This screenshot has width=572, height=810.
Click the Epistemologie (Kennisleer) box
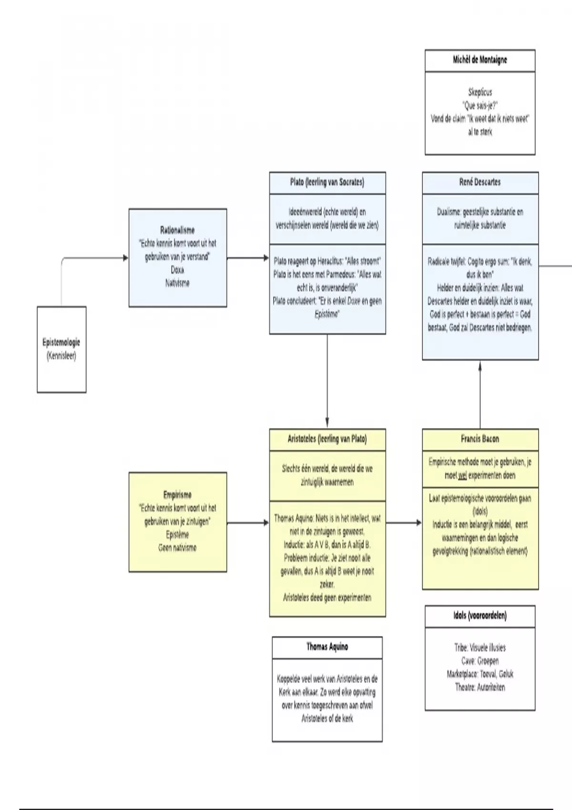click(x=61, y=349)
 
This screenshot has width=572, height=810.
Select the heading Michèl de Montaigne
click(x=480, y=60)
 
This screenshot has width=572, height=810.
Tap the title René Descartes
click(x=480, y=182)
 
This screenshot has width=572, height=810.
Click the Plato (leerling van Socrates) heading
click(x=327, y=182)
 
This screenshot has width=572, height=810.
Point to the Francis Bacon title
click(x=480, y=439)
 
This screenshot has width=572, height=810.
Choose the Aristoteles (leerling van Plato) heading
click(x=327, y=439)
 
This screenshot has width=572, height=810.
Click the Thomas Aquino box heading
click(x=327, y=647)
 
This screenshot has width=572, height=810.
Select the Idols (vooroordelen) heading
click(x=480, y=616)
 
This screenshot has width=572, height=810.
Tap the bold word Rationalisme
click(x=177, y=230)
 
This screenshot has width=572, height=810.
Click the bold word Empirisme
click(x=177, y=495)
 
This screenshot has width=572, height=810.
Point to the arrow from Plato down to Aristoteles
click(x=327, y=381)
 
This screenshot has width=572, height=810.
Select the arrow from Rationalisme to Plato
click(x=248, y=258)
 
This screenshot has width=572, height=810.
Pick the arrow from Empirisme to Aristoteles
click(x=248, y=523)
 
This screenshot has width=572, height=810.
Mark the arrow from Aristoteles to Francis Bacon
click(x=404, y=523)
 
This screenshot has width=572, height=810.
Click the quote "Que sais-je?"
click(x=480, y=105)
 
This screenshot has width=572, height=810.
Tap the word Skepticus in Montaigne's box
click(x=480, y=92)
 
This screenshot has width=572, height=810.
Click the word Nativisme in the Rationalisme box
click(x=177, y=283)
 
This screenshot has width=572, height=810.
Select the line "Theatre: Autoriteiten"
click(x=480, y=687)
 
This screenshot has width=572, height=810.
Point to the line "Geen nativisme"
click(x=177, y=547)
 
